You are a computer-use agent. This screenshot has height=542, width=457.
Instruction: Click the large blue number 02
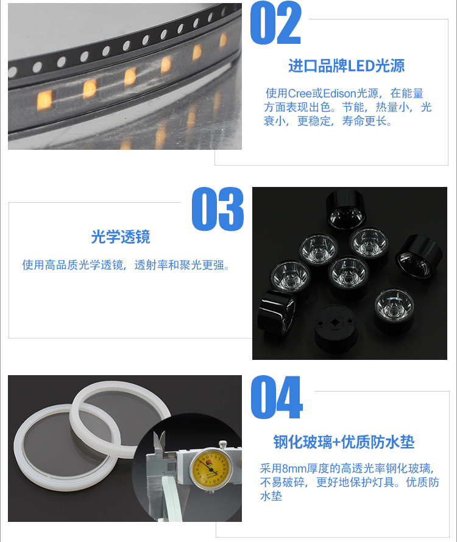275,23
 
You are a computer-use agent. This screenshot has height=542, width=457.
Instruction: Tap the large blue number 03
218,209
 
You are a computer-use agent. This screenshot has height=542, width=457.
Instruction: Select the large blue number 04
277,397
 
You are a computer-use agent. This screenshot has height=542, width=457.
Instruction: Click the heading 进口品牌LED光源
346,66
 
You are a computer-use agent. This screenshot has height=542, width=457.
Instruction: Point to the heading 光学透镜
121,237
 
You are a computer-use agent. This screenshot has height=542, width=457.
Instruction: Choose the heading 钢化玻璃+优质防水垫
344,442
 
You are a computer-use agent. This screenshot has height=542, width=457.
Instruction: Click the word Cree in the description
300,93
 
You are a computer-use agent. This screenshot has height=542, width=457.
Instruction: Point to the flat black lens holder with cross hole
335,328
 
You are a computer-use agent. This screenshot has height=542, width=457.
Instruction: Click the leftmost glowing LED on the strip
44,100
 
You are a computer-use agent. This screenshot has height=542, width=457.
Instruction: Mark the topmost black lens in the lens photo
345,209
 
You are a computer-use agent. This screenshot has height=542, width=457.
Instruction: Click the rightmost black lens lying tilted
419,256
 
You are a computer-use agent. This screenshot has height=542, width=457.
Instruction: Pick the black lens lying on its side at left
277,312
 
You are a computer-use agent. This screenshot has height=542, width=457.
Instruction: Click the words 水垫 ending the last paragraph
271,496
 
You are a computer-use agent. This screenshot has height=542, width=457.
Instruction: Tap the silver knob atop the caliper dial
223,444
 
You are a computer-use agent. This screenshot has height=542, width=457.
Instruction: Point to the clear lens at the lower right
394,311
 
